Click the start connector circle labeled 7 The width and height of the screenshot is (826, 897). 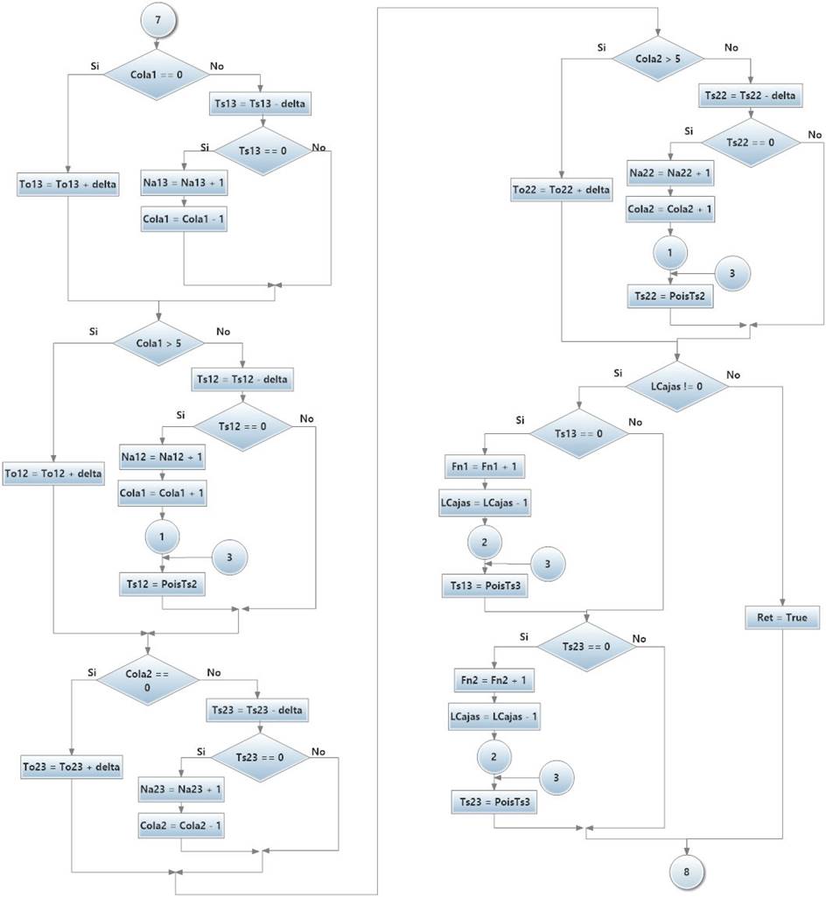(x=158, y=20)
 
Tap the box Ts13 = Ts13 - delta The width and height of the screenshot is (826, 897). (x=260, y=104)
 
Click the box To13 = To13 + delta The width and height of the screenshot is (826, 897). (x=67, y=185)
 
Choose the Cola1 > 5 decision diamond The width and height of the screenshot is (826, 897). (x=158, y=342)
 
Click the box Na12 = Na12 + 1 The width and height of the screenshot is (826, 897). (x=162, y=457)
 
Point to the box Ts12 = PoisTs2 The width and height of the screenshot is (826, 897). (x=162, y=585)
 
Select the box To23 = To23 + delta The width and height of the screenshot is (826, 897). (x=72, y=767)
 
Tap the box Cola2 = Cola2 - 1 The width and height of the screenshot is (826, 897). (x=181, y=824)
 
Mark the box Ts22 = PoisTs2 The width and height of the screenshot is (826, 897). (x=669, y=297)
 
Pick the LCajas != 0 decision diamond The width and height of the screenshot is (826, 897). (x=675, y=385)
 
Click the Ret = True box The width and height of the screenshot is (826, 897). (x=782, y=618)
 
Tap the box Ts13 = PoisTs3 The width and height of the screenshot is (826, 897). (x=485, y=586)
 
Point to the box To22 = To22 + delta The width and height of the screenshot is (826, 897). (x=561, y=189)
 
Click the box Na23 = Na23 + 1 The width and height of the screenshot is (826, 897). (x=181, y=790)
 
